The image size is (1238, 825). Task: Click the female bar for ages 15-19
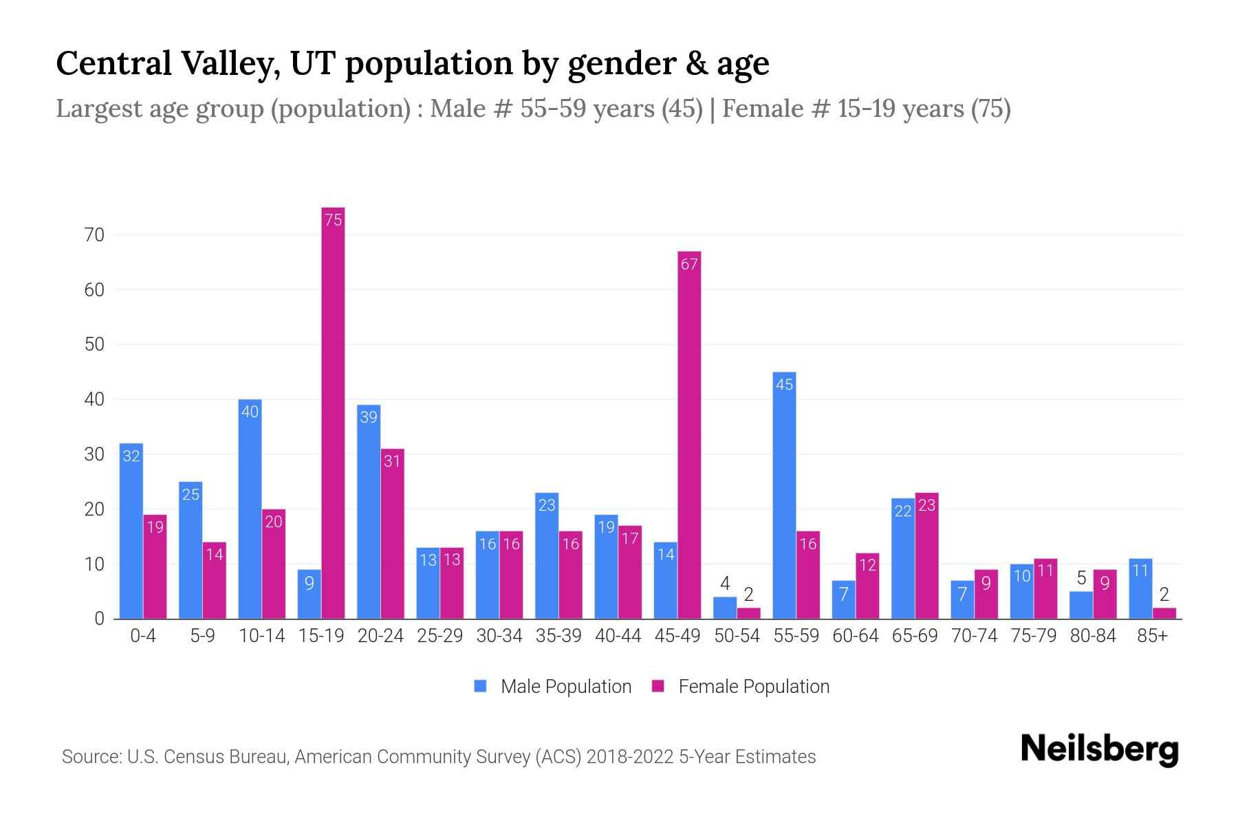click(333, 412)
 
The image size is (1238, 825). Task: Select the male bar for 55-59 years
click(784, 495)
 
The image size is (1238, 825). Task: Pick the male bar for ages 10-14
click(250, 509)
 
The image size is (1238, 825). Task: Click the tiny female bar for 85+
click(1164, 613)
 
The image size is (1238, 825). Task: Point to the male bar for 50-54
click(725, 608)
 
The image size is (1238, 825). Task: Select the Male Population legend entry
click(552, 686)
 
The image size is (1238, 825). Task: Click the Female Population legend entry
click(741, 686)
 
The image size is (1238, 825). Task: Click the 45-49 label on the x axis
click(677, 636)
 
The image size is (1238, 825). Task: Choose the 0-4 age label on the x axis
click(143, 636)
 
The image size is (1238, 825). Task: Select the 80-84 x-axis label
click(1093, 636)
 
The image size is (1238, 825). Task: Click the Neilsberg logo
click(1099, 749)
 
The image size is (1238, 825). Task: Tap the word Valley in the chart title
click(230, 63)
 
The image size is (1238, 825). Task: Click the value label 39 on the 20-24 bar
click(369, 417)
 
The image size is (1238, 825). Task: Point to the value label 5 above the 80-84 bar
click(1081, 578)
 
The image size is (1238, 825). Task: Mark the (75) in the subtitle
click(990, 109)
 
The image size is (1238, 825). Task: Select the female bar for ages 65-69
click(926, 555)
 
